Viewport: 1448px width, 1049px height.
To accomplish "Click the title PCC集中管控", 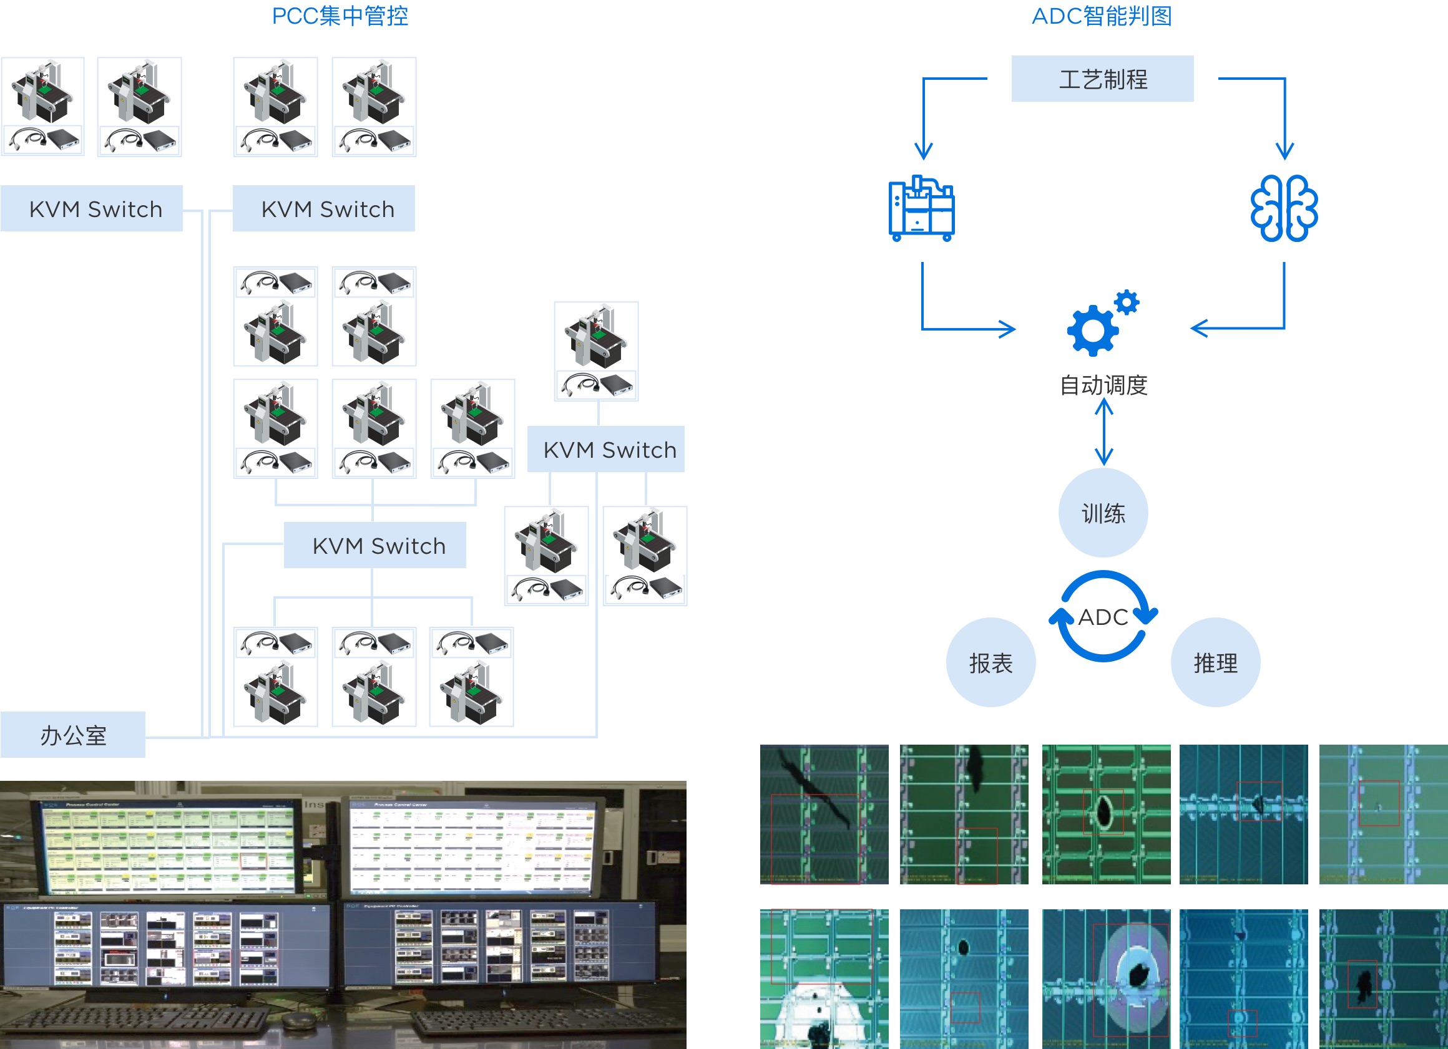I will (340, 16).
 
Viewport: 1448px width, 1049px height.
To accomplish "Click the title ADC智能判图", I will (1102, 16).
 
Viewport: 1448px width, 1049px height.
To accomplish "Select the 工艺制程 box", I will (1102, 79).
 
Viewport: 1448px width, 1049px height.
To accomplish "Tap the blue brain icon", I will (1284, 208).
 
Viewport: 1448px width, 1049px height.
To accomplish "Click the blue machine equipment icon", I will (921, 208).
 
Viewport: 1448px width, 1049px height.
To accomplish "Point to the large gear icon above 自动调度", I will (1093, 330).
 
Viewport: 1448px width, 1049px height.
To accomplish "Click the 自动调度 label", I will (1103, 385).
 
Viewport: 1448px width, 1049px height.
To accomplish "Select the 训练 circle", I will (1103, 513).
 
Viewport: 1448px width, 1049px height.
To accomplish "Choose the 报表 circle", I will (991, 663).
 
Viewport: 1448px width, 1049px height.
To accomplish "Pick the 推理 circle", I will (1215, 663).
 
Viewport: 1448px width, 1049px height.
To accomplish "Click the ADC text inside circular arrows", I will (1103, 617).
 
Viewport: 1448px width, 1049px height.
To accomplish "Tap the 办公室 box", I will (73, 735).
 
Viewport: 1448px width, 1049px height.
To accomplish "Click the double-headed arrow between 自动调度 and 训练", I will (1104, 432).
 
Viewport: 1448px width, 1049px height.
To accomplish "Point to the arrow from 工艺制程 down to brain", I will (1284, 118).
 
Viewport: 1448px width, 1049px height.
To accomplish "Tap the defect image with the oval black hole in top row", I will (1106, 814).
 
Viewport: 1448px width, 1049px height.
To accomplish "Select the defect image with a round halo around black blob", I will (1106, 979).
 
